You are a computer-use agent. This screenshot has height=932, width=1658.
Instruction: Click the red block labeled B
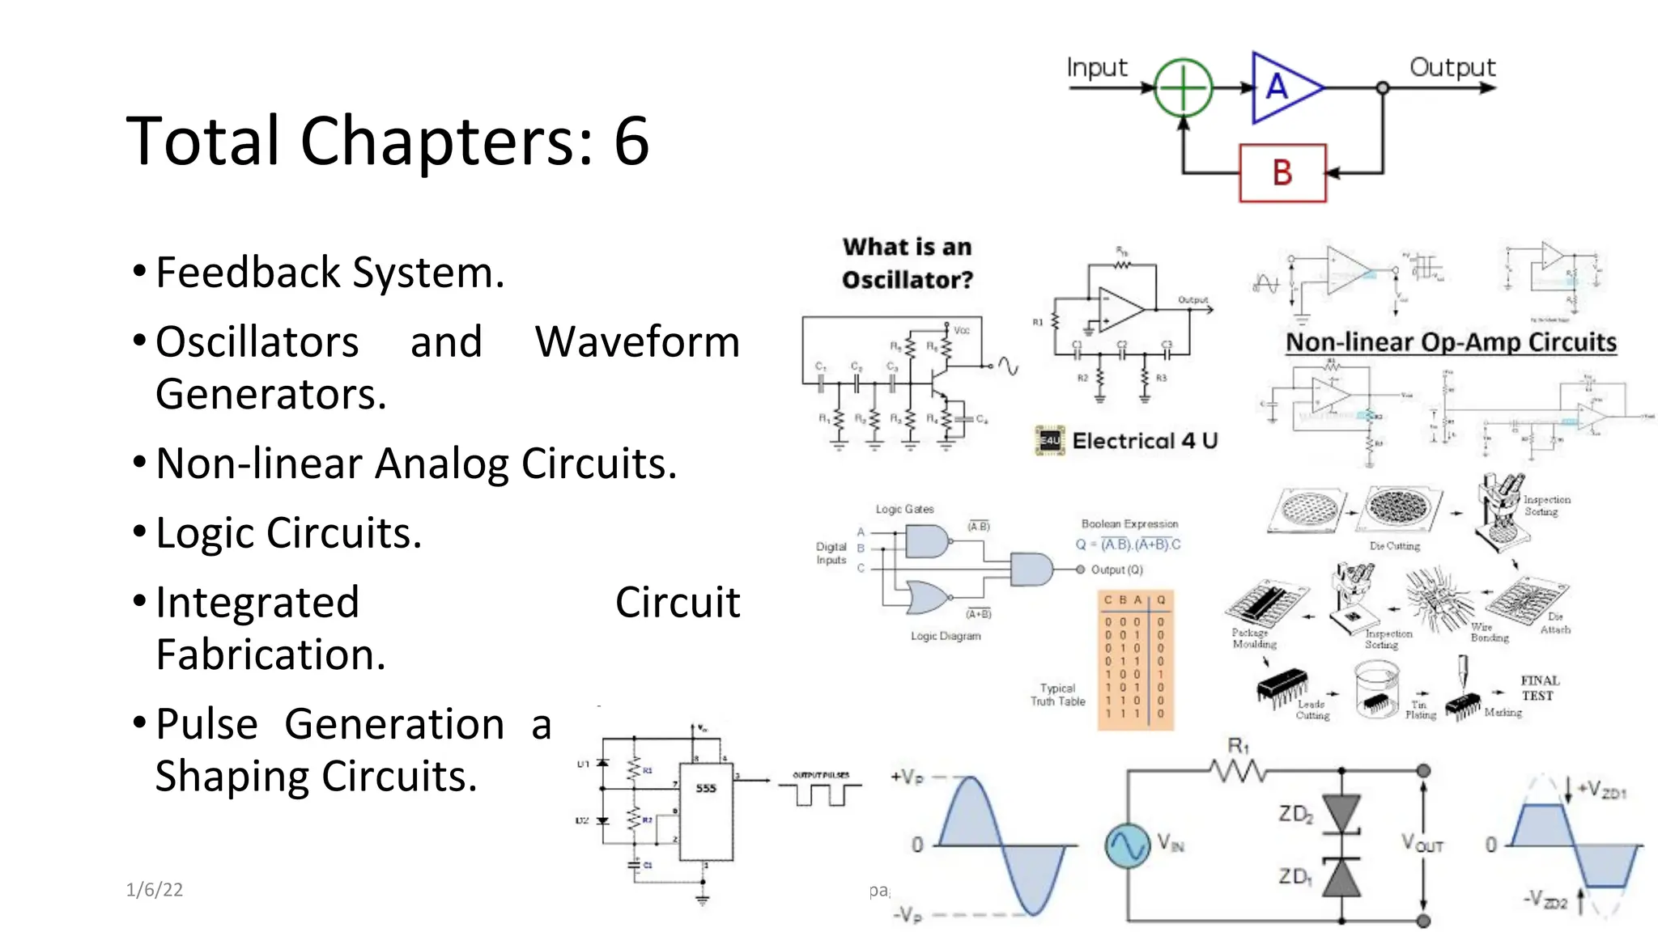[1282, 172]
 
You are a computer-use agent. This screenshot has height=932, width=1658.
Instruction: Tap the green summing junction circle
[1183, 87]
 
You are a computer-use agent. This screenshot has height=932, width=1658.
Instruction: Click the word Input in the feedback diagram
[1096, 68]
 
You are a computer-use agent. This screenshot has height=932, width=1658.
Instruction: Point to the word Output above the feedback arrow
[1452, 68]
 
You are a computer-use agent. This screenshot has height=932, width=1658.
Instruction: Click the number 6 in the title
[631, 142]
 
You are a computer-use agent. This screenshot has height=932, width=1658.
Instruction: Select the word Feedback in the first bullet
[248, 273]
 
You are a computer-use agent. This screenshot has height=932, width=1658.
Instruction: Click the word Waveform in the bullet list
[637, 342]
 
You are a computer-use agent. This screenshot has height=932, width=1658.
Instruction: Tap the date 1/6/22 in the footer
[154, 890]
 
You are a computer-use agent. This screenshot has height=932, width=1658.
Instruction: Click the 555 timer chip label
[706, 788]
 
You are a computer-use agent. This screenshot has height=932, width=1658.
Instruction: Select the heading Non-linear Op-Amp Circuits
[1451, 342]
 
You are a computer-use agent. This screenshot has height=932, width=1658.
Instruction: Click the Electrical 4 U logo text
[1144, 441]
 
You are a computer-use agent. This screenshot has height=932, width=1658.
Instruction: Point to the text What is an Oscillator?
[907, 264]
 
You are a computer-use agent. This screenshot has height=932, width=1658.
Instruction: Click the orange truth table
[1135, 660]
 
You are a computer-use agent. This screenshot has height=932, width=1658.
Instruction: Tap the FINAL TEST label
[1539, 688]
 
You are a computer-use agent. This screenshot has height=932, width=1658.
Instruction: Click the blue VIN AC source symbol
[1127, 845]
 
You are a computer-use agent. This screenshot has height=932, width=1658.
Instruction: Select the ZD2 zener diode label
[1295, 814]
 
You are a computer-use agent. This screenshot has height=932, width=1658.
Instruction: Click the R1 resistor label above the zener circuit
[1238, 746]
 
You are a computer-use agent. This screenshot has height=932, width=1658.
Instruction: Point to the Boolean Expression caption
[1129, 524]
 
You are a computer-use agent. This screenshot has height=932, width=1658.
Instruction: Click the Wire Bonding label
[1488, 633]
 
